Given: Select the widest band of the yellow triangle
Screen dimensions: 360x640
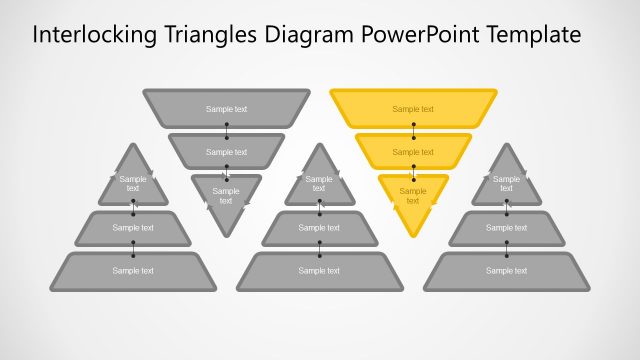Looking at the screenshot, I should [413, 109].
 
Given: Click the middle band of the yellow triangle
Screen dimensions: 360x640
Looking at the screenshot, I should [413, 151].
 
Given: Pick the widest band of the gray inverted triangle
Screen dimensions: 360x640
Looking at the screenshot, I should [226, 109].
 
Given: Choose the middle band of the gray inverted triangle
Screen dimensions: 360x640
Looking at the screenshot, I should [226, 151].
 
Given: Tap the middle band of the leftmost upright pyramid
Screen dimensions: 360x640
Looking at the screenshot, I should [133, 228].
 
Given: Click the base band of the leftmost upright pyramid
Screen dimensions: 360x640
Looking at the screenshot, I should [133, 271].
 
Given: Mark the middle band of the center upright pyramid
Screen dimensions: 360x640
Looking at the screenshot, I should [319, 228].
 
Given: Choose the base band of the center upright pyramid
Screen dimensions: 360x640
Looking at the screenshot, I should [319, 271].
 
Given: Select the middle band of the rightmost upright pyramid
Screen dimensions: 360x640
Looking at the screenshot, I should [506, 228].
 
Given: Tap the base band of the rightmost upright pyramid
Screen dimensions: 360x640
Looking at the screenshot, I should [506, 271].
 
